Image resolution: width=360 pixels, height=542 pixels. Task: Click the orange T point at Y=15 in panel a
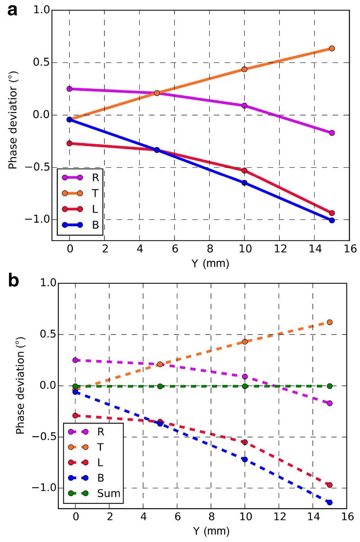tap(331, 49)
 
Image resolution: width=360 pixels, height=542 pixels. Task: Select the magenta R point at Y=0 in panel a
tap(70, 89)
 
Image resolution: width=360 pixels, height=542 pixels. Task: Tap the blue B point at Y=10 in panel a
tap(244, 183)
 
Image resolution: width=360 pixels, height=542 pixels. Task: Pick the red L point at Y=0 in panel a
tap(70, 143)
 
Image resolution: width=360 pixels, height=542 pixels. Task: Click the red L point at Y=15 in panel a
tap(331, 213)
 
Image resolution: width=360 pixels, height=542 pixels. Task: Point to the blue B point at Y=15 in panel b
tap(329, 502)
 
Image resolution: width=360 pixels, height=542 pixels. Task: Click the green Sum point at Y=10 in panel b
tap(244, 386)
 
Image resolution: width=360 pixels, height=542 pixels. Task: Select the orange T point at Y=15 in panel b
tap(329, 322)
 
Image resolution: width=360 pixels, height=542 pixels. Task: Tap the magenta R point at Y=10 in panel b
tap(244, 377)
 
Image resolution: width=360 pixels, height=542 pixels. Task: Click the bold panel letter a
tap(12, 10)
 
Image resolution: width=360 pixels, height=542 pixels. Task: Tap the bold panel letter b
tap(13, 281)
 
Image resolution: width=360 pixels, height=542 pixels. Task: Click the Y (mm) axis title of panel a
tap(210, 263)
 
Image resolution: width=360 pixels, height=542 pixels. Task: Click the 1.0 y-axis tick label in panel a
tap(42, 10)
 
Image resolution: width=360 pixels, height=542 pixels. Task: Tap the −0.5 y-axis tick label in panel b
tap(43, 437)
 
